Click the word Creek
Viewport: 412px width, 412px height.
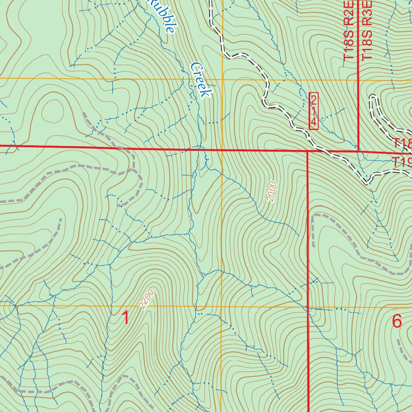[201, 80]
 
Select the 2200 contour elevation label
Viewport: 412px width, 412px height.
[147, 300]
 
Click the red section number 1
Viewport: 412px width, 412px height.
[126, 318]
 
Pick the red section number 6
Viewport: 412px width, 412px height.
[397, 321]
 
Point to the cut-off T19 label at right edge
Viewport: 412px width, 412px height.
[402, 163]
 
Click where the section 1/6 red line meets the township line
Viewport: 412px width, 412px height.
[308, 151]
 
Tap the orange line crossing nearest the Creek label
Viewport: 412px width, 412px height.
[222, 79]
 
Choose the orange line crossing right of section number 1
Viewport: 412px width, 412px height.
[222, 306]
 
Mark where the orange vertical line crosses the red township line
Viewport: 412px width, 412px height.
[222, 150]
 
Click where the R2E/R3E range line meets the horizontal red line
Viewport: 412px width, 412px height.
[358, 152]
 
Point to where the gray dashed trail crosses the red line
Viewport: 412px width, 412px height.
[126, 148]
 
